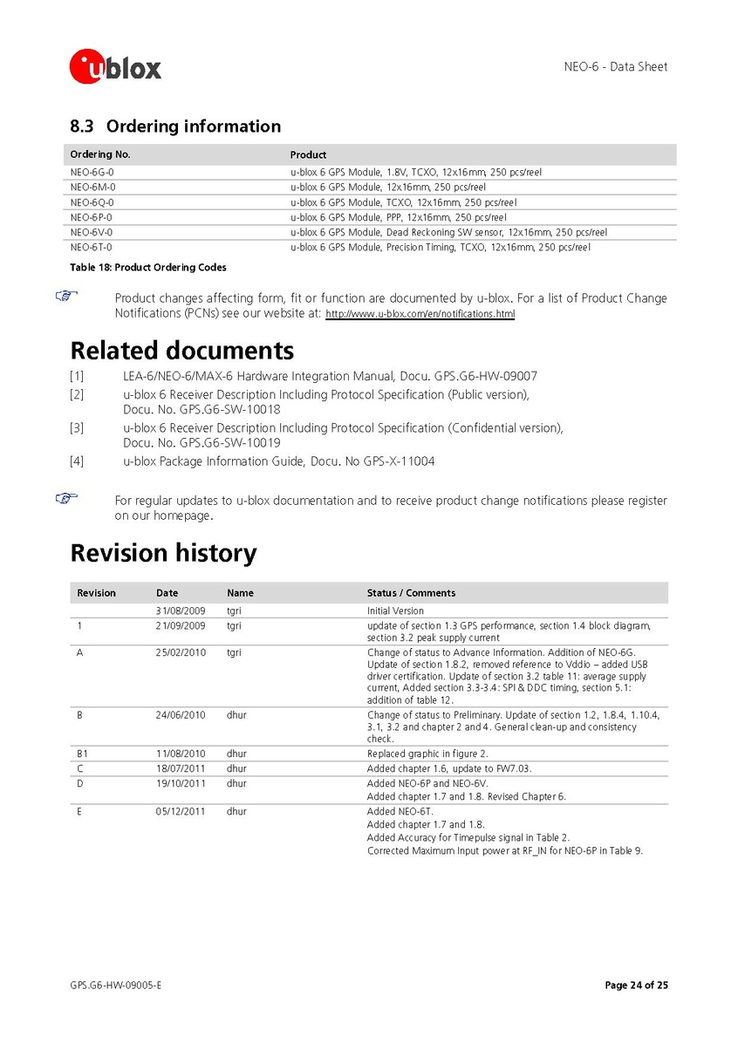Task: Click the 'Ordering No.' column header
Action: click(100, 154)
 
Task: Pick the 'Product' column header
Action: click(308, 154)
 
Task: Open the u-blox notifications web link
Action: click(420, 314)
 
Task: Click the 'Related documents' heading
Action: click(181, 351)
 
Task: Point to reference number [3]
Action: click(77, 428)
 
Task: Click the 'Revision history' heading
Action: click(163, 553)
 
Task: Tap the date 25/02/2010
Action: click(181, 652)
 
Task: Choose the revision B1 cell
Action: click(83, 754)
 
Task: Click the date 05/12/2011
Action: click(181, 812)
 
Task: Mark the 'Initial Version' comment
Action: click(395, 611)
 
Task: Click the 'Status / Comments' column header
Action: click(411, 593)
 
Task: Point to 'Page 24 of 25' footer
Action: click(636, 986)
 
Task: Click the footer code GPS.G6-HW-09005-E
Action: click(116, 986)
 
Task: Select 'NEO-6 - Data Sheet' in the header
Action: click(616, 67)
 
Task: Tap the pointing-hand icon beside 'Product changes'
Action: click(66, 297)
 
